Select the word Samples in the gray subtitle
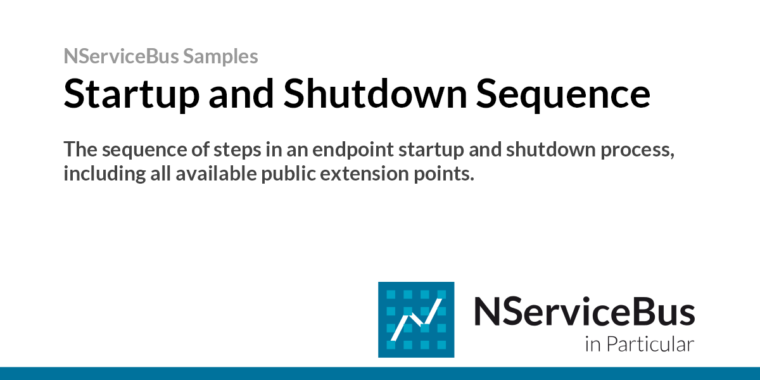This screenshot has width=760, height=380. pyautogui.click(x=220, y=56)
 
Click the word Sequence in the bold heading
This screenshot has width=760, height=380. pyautogui.click(x=563, y=94)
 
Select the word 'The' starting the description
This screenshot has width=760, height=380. pyautogui.click(x=79, y=150)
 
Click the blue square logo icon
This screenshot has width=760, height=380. pyautogui.click(x=415, y=319)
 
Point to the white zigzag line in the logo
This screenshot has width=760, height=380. pyautogui.click(x=415, y=320)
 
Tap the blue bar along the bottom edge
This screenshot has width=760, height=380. pyautogui.click(x=380, y=373)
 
